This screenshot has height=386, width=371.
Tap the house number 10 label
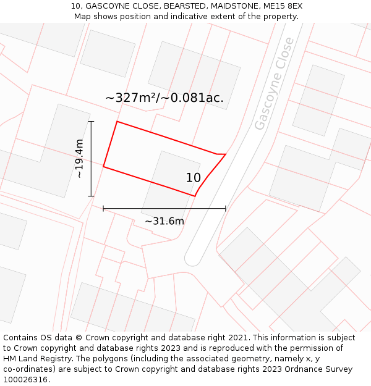pyautogui.click(x=194, y=178)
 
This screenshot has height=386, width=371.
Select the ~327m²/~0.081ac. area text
pyautogui.click(x=164, y=98)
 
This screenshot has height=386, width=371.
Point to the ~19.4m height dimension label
pyautogui.click(x=80, y=159)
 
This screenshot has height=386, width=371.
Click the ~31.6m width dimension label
pyautogui.click(x=164, y=221)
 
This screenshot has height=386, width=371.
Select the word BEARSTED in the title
pyautogui.click(x=184, y=6)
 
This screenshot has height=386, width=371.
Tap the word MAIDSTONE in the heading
pyautogui.click(x=232, y=6)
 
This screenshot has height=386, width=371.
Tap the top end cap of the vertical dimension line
pyautogui.click(x=91, y=122)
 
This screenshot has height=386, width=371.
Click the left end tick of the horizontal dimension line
pyautogui.click(x=103, y=209)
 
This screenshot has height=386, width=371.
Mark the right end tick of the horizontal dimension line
pyautogui.click(x=226, y=209)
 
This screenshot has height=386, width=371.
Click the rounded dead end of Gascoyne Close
pyautogui.click(x=193, y=259)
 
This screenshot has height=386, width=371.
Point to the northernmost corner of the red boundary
pyautogui.click(x=117, y=122)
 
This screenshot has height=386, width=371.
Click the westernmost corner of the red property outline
pyautogui.click(x=103, y=167)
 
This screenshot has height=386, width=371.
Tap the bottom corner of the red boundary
pyautogui.click(x=195, y=196)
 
